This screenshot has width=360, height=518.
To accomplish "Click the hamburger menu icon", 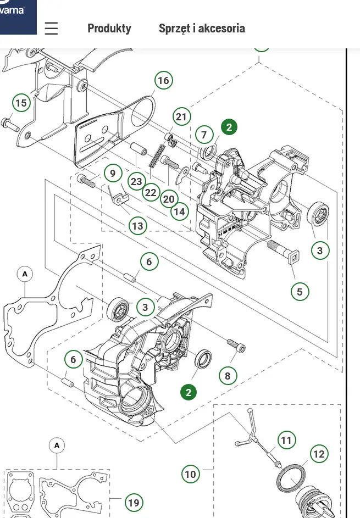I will click(51, 29).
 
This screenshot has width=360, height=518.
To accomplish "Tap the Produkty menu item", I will click(109, 29).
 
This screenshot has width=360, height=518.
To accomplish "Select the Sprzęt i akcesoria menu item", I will click(202, 29).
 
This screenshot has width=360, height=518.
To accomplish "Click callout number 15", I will click(21, 103).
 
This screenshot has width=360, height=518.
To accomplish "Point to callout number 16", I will click(163, 80).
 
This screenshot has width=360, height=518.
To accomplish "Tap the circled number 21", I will click(181, 116).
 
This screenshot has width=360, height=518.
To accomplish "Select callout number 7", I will click(204, 135).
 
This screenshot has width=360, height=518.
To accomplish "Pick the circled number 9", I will click(113, 174).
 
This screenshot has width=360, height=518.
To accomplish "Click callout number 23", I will click(136, 182).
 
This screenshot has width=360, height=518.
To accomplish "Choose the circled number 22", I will click(151, 193).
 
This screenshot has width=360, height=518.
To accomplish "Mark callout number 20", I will click(169, 199).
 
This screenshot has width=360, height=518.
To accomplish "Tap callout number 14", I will click(179, 211).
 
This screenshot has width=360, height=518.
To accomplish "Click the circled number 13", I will click(137, 226).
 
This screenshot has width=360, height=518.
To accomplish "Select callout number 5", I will click(300, 291).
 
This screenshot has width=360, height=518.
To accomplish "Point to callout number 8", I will click(228, 376).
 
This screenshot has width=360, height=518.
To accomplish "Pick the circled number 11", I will click(286, 440).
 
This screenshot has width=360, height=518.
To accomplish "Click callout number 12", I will click(319, 454).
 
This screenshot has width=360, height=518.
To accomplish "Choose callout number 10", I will click(190, 474).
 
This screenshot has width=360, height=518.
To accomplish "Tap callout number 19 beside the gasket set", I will click(134, 502).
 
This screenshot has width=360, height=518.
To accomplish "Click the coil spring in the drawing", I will click(157, 155).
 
